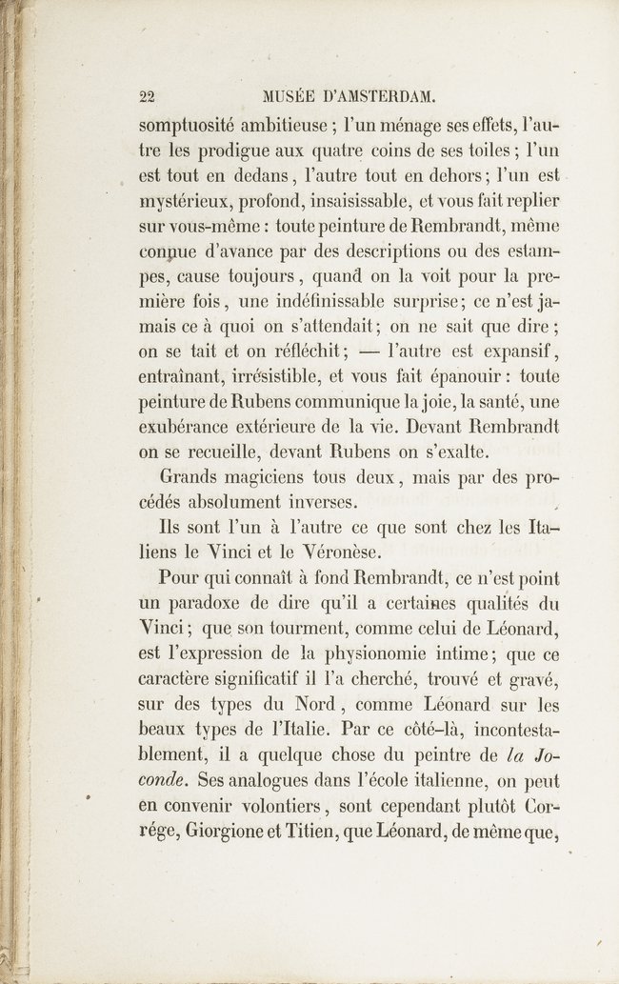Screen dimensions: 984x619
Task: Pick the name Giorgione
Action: [233, 831]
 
